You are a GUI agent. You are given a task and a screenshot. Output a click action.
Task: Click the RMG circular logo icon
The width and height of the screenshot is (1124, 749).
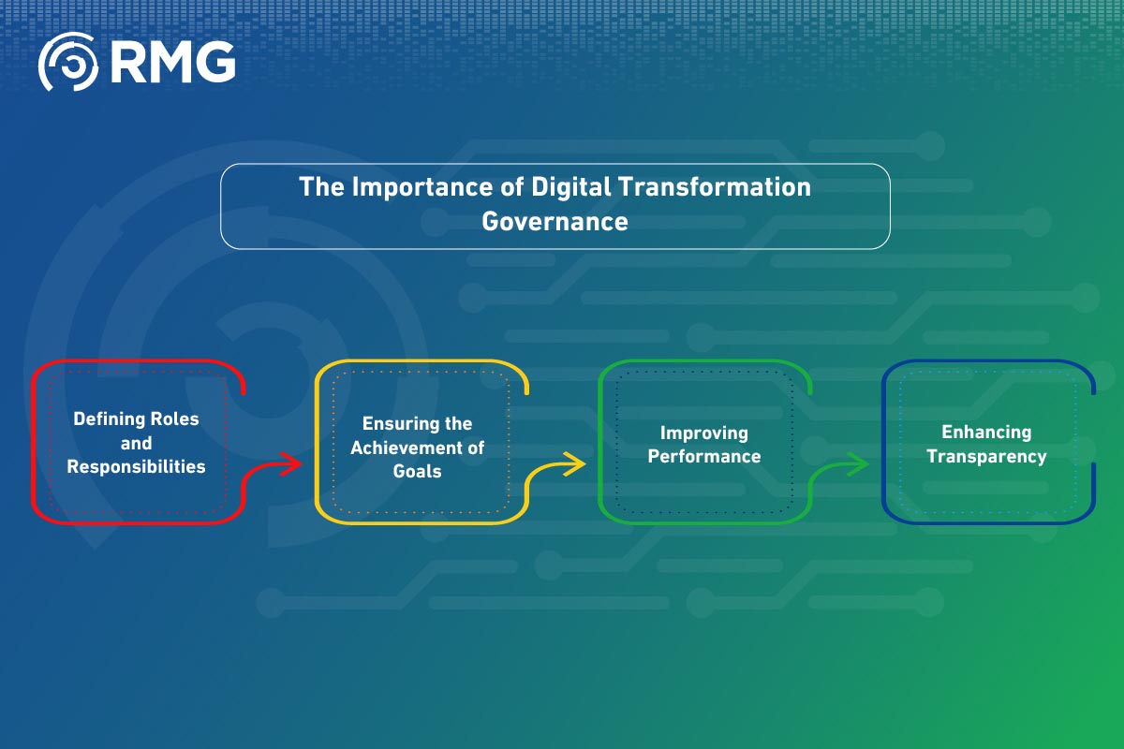coord(68,62)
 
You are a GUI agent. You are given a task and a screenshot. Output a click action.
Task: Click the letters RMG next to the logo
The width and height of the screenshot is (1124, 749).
coord(171,62)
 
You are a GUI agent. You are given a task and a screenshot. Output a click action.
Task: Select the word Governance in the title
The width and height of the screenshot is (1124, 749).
coord(555,222)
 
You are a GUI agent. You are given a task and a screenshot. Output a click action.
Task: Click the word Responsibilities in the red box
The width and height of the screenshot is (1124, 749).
coord(137,466)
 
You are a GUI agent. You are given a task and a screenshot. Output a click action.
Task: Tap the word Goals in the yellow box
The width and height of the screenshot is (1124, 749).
coord(417,471)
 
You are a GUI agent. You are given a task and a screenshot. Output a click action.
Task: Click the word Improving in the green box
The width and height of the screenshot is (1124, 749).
coord(704,433)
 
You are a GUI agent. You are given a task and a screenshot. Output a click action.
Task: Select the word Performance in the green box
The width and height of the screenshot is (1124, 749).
coord(704,457)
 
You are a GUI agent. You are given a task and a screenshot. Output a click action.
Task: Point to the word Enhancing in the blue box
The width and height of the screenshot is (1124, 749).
coord(986,433)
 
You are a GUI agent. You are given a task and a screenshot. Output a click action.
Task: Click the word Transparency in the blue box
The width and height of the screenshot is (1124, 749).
coord(987,457)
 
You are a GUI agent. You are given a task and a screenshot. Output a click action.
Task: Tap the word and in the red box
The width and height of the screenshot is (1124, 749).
coord(137,443)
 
